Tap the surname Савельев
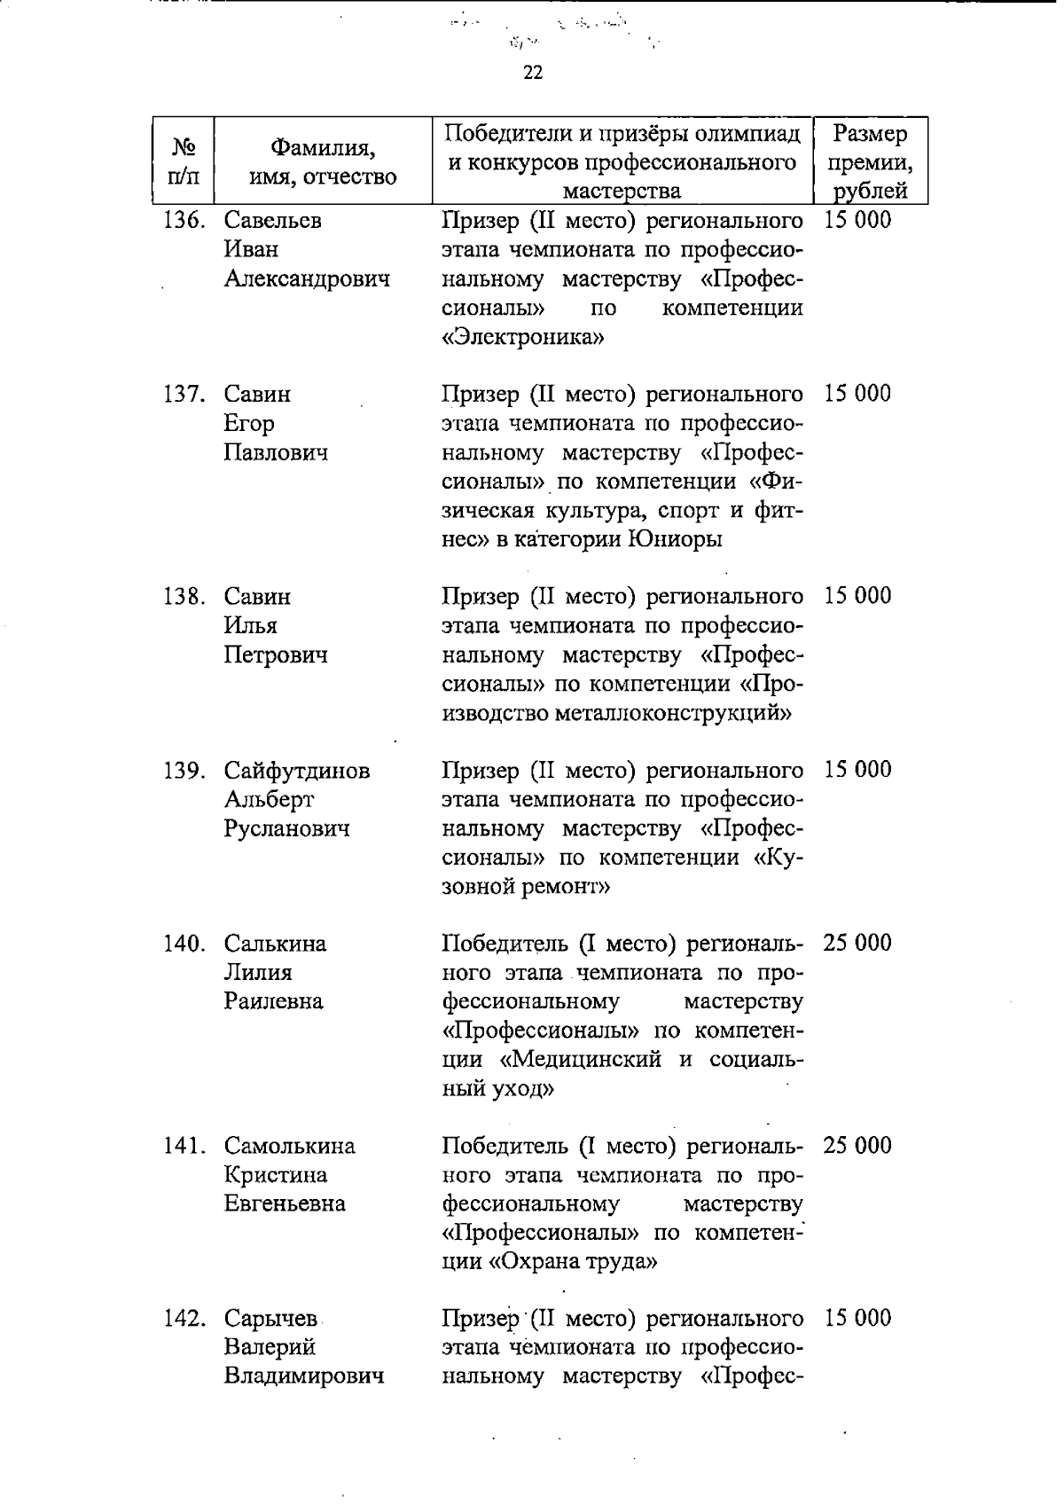(x=272, y=220)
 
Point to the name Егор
(x=249, y=424)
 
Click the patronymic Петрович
(x=275, y=655)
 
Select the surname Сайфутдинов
(x=297, y=771)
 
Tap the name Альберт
(x=269, y=800)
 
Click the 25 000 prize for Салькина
(x=857, y=944)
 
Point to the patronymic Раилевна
(x=273, y=1002)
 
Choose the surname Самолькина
(x=289, y=1147)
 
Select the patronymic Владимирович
(x=303, y=1377)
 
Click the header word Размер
(x=871, y=135)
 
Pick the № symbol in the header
(x=183, y=145)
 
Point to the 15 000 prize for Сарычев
(x=857, y=1319)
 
